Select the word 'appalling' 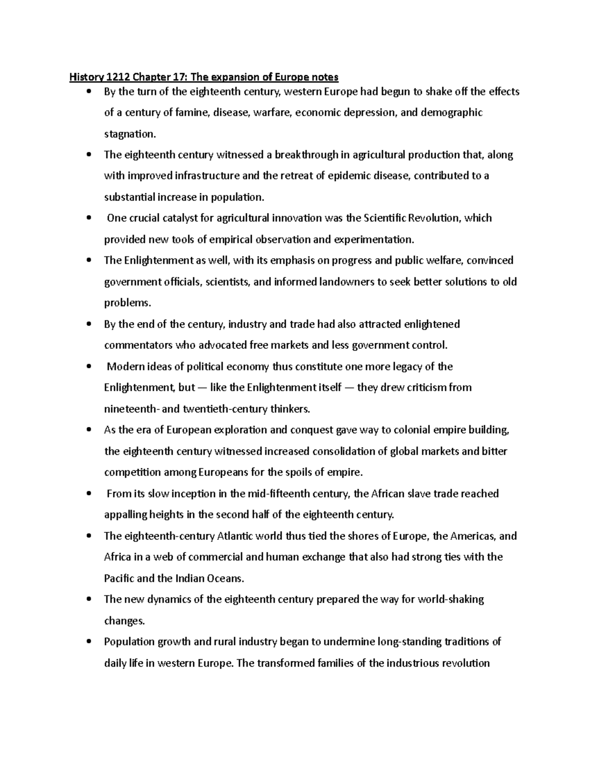(126, 515)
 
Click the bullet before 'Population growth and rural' (88, 642)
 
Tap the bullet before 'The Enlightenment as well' (88, 261)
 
